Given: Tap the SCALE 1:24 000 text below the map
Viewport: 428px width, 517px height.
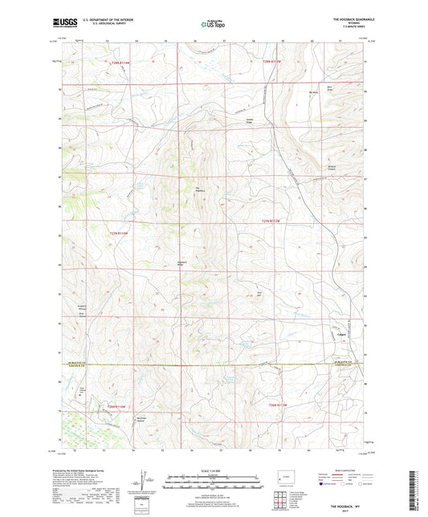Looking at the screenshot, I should point(214,470).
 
